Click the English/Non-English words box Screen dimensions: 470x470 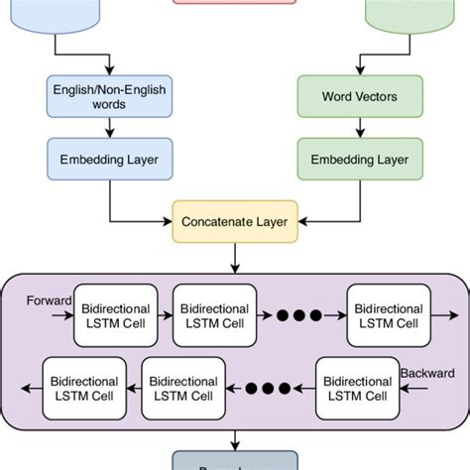click(x=108, y=97)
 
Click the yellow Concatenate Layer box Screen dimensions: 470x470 click(x=235, y=221)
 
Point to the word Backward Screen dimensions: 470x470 click(x=424, y=373)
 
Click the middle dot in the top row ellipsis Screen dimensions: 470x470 click(x=300, y=316)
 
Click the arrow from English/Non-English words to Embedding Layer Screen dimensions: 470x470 click(x=108, y=127)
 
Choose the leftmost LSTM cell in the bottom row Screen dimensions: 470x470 click(x=84, y=389)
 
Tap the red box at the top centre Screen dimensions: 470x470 click(x=235, y=5)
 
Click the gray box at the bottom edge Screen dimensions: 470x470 click(x=235, y=460)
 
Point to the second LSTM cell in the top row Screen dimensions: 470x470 click(x=214, y=316)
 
